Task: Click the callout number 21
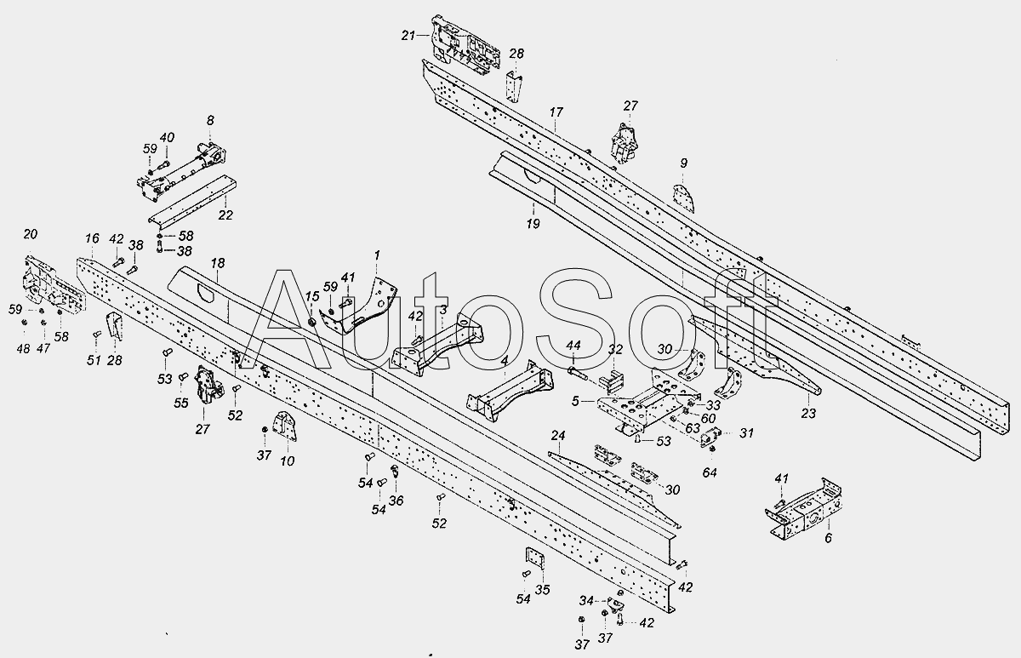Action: click(408, 35)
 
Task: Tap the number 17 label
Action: click(556, 112)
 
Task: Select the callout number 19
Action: click(533, 223)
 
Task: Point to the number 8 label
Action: click(210, 120)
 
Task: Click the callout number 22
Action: click(225, 215)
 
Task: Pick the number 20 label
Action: click(30, 234)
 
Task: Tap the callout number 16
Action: click(92, 238)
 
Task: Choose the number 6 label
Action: click(828, 538)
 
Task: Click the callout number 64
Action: click(710, 472)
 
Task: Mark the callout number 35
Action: click(543, 590)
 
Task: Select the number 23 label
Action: click(808, 413)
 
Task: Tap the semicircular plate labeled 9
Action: click(684, 198)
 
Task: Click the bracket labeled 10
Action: click(284, 426)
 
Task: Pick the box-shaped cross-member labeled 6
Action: click(804, 510)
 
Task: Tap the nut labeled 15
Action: click(313, 322)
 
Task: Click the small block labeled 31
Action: click(710, 438)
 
